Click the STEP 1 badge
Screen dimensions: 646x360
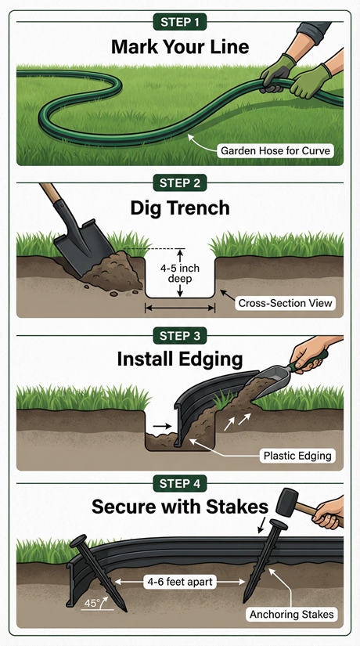[x=180, y=21]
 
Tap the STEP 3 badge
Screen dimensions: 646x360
[x=180, y=338]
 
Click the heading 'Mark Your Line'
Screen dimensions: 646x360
[x=180, y=47]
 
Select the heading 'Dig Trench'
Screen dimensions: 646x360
[x=180, y=209]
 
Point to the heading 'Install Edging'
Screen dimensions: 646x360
[x=180, y=360]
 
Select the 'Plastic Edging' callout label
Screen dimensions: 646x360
[x=298, y=455]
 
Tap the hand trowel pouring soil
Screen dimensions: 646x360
[x=278, y=384]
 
